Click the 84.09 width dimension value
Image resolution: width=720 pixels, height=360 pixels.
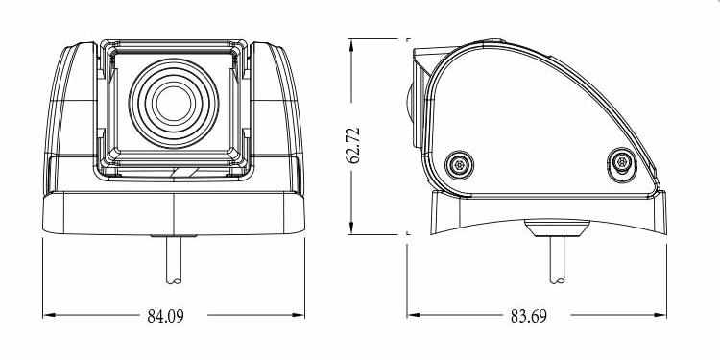tap(166, 316)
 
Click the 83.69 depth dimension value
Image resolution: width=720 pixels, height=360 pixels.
tap(529, 316)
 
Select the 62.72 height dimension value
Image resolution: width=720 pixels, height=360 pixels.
tap(353, 146)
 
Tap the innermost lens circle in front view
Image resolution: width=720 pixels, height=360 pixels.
tap(174, 104)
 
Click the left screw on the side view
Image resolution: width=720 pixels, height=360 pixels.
tap(459, 165)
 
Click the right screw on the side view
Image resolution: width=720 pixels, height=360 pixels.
tap(622, 163)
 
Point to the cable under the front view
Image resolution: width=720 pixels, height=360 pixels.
tap(174, 260)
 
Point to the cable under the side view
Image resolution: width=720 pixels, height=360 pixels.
tap(558, 260)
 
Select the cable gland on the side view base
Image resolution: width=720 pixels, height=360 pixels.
tap(557, 228)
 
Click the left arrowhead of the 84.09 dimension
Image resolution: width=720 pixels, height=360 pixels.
tap(49, 315)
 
